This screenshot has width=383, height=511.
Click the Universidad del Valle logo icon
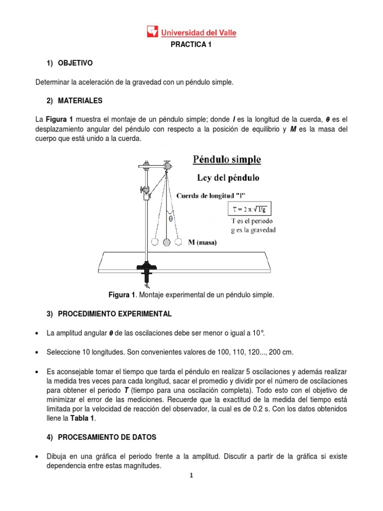click(x=152, y=32)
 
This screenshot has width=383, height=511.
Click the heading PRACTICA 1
click(x=191, y=45)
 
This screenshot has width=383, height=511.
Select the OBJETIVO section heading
click(x=75, y=63)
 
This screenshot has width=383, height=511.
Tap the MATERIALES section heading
click(x=80, y=101)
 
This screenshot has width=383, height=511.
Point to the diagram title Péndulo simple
click(x=226, y=160)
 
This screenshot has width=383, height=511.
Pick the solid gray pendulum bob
click(x=167, y=242)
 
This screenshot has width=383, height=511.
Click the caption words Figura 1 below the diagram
click(x=122, y=295)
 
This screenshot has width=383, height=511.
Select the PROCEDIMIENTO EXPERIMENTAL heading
click(x=115, y=314)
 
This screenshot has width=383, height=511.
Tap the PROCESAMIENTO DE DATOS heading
click(x=107, y=437)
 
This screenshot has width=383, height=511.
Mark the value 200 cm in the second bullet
click(x=281, y=352)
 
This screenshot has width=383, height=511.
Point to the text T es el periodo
click(x=252, y=221)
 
